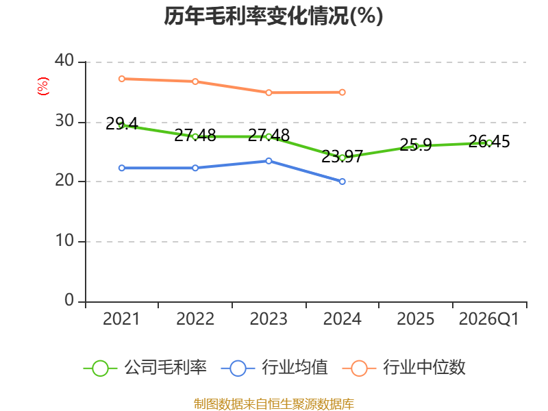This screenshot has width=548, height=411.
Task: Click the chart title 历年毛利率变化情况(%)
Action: (x=273, y=16)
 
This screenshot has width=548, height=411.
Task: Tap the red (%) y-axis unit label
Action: (x=43, y=86)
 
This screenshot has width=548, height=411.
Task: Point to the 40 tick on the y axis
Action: (x=64, y=60)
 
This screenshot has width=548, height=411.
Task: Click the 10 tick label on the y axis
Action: (x=64, y=240)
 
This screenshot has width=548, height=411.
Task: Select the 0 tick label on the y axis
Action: (x=69, y=300)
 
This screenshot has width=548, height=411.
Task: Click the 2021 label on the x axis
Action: (x=121, y=319)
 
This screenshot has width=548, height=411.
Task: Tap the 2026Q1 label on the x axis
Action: (x=488, y=319)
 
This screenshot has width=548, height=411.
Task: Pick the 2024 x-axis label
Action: (x=342, y=319)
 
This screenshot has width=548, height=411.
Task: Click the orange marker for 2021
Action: (x=122, y=79)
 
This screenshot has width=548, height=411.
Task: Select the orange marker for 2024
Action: (x=342, y=92)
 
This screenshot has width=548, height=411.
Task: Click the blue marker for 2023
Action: (x=269, y=161)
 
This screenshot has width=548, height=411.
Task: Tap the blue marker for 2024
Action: (x=342, y=182)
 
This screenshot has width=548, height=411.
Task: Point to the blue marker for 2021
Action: (x=122, y=168)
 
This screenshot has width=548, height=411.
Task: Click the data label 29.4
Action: (x=122, y=124)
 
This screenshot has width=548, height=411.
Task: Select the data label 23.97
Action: (x=342, y=156)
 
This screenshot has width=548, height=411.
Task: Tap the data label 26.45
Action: (x=489, y=142)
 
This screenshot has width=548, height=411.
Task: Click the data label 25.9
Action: (x=416, y=145)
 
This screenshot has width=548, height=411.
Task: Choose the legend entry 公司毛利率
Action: (x=145, y=368)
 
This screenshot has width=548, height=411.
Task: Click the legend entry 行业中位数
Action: (x=403, y=368)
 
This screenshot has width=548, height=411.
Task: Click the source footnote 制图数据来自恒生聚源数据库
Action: (x=273, y=404)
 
